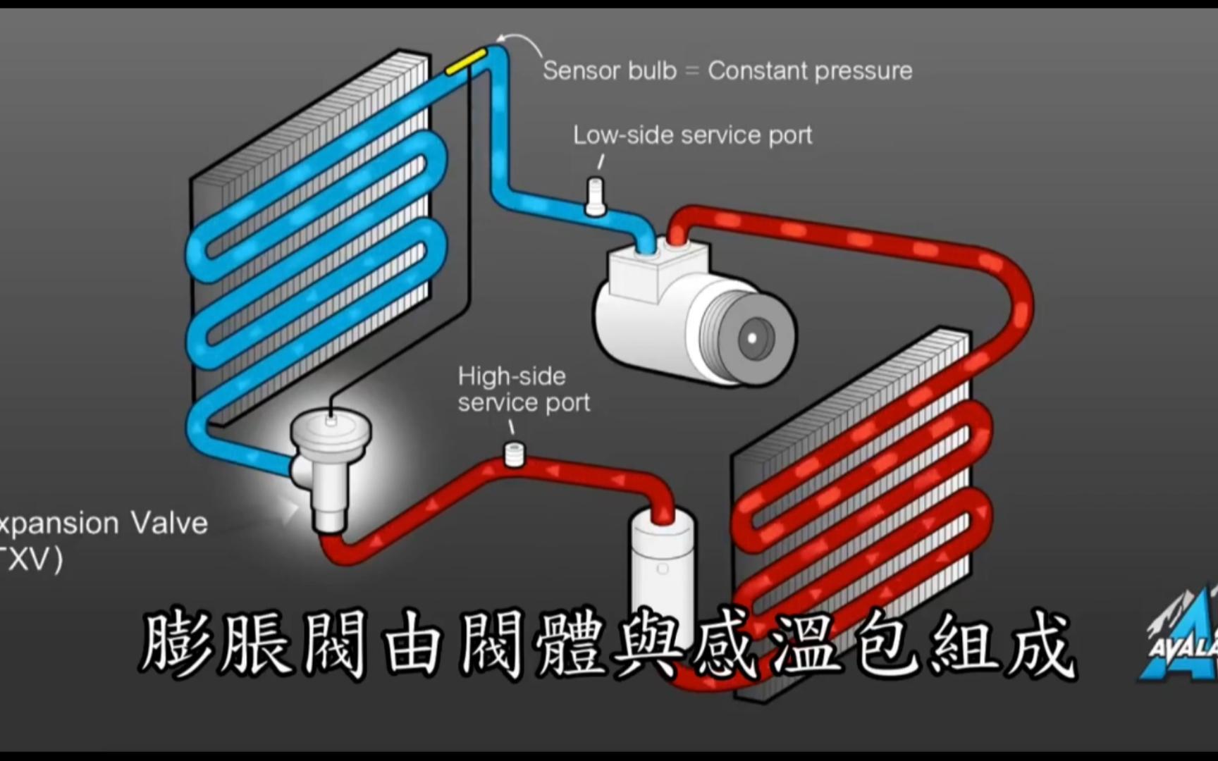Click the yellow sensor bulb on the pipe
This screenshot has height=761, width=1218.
click(465, 61)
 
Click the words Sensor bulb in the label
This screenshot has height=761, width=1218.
click(609, 70)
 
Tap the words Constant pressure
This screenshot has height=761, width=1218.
click(810, 70)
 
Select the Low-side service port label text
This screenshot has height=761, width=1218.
click(692, 135)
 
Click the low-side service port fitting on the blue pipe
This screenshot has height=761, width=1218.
click(595, 196)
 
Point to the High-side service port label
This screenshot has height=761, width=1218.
click(523, 389)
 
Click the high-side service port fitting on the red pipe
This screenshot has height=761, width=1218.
click(514, 454)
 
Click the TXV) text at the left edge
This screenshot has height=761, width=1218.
click(32, 560)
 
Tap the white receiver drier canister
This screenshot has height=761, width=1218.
click(661, 564)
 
